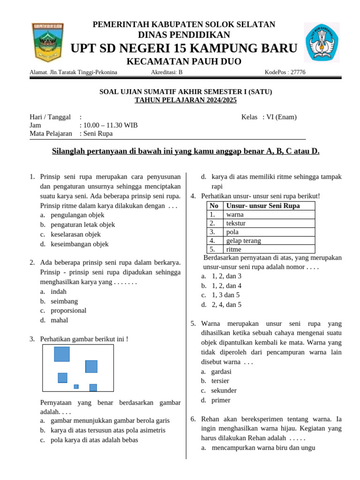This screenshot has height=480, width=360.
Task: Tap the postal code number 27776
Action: pos(298,72)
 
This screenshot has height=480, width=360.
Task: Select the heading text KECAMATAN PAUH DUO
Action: pos(184,62)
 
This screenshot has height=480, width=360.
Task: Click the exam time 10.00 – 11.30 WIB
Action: pos(110,125)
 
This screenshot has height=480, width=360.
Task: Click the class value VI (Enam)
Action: pos(282,117)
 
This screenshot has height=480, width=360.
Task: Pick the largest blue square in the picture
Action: pos(62,354)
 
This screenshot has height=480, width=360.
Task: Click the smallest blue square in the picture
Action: pos(76,387)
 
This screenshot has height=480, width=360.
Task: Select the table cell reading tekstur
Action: pos(236,223)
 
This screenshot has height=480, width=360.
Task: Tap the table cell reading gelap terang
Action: pos(244,240)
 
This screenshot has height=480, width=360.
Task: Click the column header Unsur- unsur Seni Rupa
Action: pos(263,206)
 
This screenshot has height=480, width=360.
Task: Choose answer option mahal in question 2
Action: pos(60,320)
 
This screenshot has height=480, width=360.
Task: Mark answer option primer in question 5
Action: pos(221,400)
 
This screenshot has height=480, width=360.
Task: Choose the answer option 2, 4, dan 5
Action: pos(226,305)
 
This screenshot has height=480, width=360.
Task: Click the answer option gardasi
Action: pos(221,371)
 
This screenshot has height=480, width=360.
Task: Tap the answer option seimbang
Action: pos(64,301)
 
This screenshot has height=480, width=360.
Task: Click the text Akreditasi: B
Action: pos(167,72)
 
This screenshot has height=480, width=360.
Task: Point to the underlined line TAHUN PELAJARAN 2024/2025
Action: pos(186,100)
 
